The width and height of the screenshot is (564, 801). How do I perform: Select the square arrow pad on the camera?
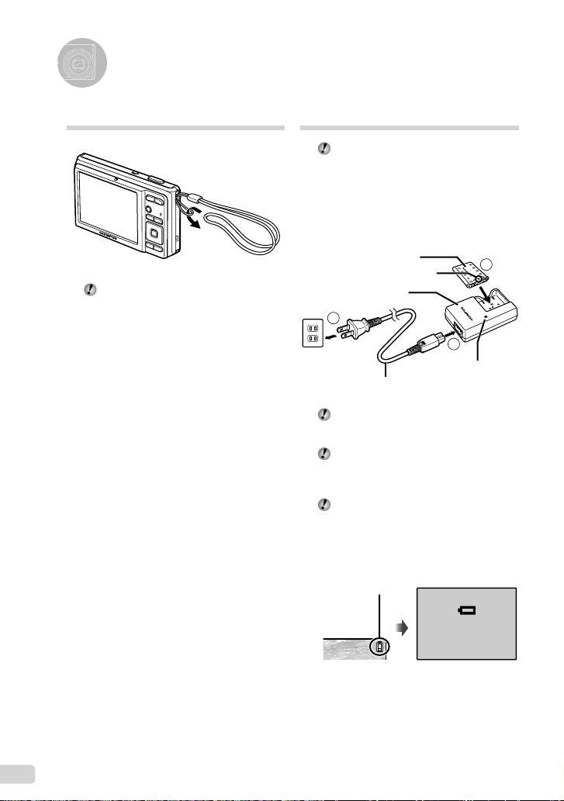click(x=154, y=233)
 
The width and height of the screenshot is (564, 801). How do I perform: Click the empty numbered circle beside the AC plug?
click(x=334, y=316)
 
